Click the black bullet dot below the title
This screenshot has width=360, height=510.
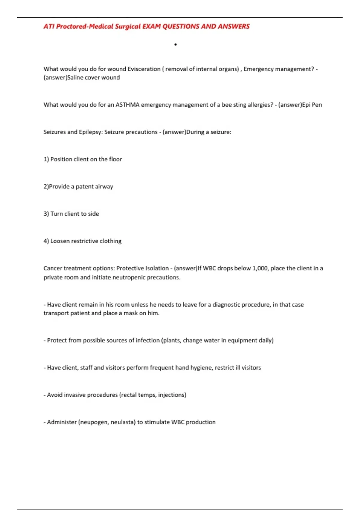point(175,45)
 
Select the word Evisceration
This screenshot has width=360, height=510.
point(144,69)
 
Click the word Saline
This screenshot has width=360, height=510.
point(75,77)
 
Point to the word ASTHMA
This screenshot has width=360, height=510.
point(127,105)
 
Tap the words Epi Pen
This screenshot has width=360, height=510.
point(312,105)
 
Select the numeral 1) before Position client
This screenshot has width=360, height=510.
point(46,159)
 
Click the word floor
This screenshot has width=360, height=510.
point(115,159)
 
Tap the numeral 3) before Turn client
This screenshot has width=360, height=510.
point(46,214)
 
